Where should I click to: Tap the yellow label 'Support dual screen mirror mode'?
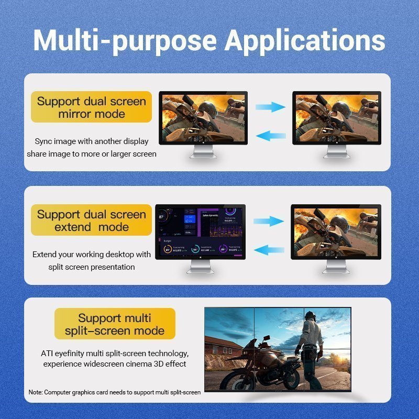point(92,107)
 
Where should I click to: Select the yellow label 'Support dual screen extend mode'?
point(92,220)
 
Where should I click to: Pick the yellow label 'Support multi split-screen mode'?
point(115,324)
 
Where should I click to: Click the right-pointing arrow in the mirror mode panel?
point(270,107)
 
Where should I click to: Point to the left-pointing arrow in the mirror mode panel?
point(270,136)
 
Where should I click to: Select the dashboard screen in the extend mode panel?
point(201,231)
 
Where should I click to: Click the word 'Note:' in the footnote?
point(36,392)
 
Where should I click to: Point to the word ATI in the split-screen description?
point(47,354)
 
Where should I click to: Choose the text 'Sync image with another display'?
point(92,141)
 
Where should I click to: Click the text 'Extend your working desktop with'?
point(92,255)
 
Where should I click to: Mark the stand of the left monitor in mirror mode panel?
point(203,152)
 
